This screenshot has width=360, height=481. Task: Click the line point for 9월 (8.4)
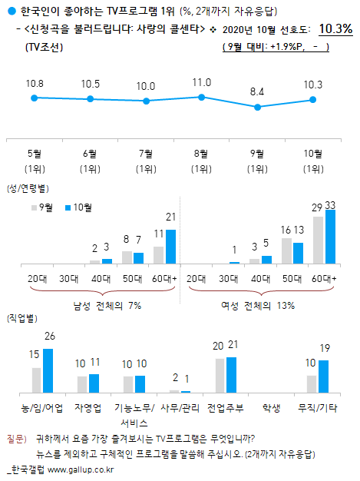[x=257, y=108]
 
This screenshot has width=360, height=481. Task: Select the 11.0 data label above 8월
[x=202, y=81]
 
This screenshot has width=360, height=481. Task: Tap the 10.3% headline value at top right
[x=335, y=28]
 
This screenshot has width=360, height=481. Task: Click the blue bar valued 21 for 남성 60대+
[x=170, y=247]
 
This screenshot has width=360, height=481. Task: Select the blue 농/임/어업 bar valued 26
[x=48, y=371]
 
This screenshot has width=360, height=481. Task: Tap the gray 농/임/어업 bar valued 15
[x=36, y=380]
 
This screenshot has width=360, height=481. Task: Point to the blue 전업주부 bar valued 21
[x=232, y=375]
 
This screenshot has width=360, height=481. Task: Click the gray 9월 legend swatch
[x=34, y=207]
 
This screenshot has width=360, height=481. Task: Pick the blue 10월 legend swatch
[x=66, y=207]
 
